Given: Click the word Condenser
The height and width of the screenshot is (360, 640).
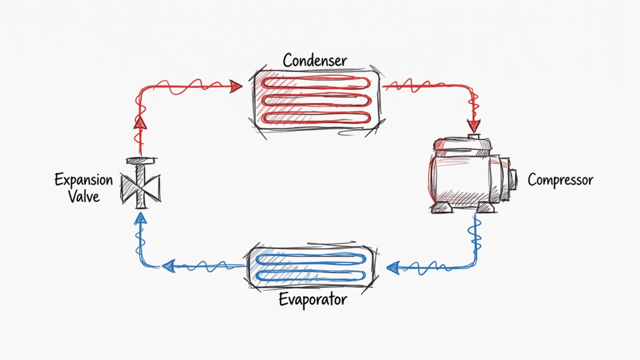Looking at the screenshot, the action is tap(315, 61).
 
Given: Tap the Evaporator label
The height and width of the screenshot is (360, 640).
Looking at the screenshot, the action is tap(313, 299).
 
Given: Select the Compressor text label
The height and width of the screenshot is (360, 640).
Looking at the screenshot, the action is tap(561, 180).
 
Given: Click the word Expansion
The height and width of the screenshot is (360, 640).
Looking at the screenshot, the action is tap(84, 180).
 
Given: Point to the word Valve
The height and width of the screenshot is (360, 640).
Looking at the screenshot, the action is tap(84, 196).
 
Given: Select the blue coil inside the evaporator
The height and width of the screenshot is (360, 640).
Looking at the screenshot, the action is tap(311, 267).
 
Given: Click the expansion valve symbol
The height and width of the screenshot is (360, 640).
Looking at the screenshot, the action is tap(141, 183).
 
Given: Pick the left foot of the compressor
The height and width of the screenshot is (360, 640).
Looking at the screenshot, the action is tap(441, 207).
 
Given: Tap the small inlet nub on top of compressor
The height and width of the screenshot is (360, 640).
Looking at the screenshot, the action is tap(474, 136).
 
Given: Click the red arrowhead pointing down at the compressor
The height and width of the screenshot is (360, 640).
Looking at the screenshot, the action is tap(474, 126).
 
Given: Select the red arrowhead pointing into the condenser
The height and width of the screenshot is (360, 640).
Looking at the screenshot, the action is tap(236, 86).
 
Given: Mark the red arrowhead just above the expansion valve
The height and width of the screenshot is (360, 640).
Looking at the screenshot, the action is tap(140, 122).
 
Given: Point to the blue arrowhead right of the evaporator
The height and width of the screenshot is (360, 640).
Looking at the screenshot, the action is tap(392, 268).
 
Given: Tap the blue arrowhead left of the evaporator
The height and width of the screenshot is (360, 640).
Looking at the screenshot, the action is tap(169, 266).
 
